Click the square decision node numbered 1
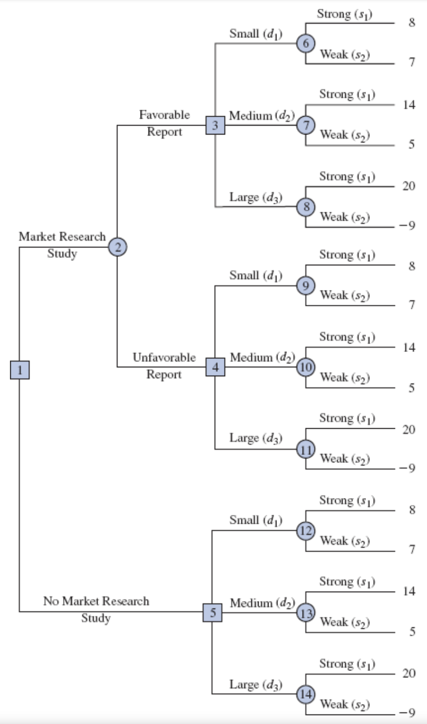pyautogui.click(x=19, y=370)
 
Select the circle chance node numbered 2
pyautogui.click(x=118, y=246)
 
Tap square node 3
pyautogui.click(x=215, y=125)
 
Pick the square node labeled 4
pyautogui.click(x=215, y=367)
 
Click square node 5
pyautogui.click(x=212, y=612)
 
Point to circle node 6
pyautogui.click(x=305, y=44)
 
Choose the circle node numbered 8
pyautogui.click(x=305, y=206)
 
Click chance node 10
pyautogui.click(x=305, y=367)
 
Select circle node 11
pyautogui.click(x=305, y=449)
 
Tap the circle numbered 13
pyautogui.click(x=305, y=612)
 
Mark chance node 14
pyautogui.click(x=305, y=694)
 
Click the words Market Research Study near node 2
pyautogui.click(x=62, y=245)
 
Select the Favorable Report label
pyautogui.click(x=164, y=123)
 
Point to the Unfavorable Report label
pyautogui.click(x=164, y=366)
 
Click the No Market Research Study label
pyautogui.click(x=96, y=609)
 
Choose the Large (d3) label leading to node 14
pyautogui.click(x=256, y=685)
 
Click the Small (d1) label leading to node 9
pyautogui.click(x=256, y=275)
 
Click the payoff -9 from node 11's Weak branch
pyautogui.click(x=408, y=469)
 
